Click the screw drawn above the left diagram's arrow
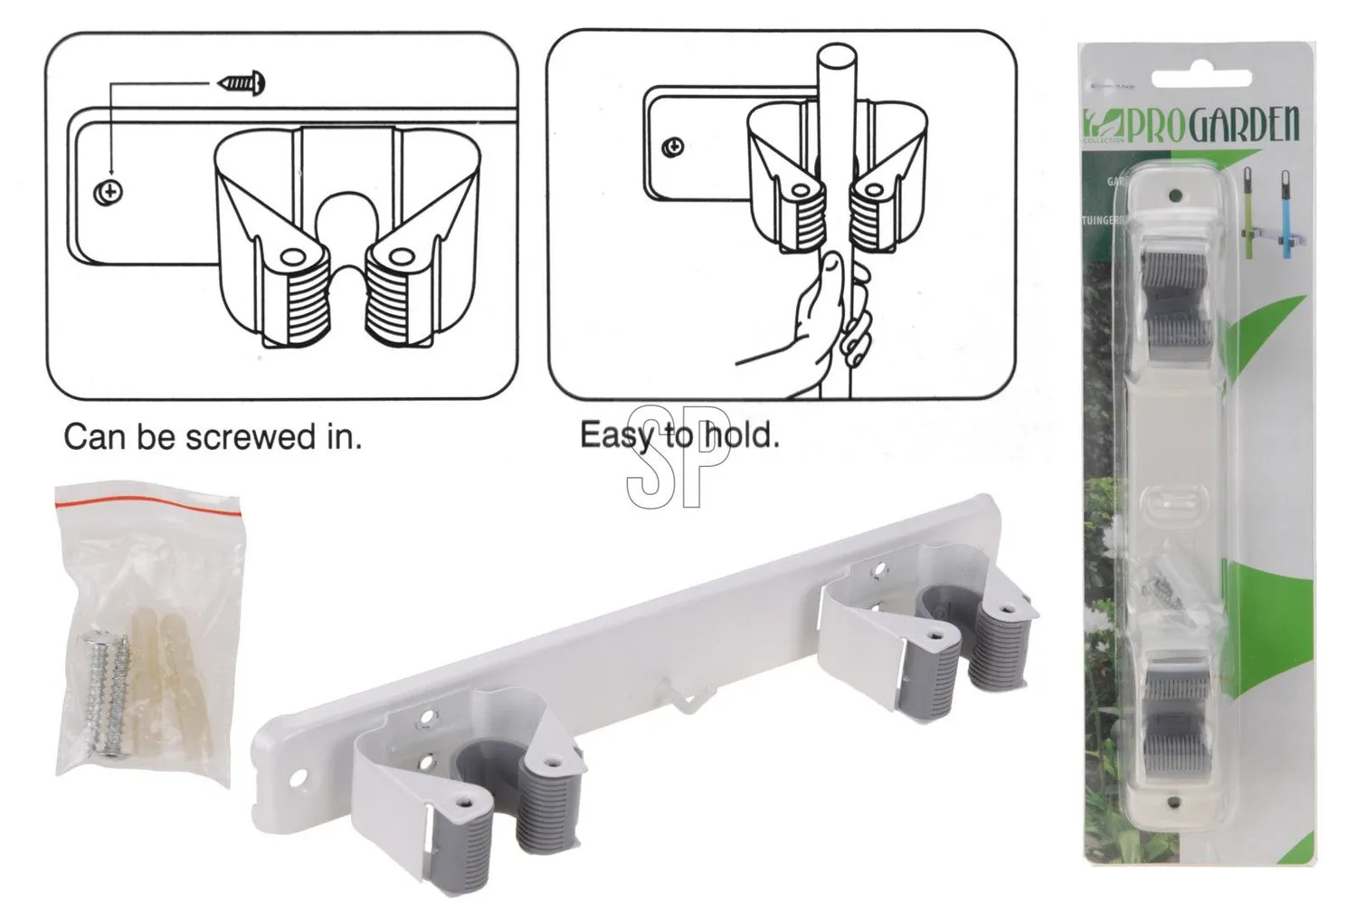tap(242, 84)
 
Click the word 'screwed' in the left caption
tap(239, 438)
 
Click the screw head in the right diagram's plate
tap(672, 147)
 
